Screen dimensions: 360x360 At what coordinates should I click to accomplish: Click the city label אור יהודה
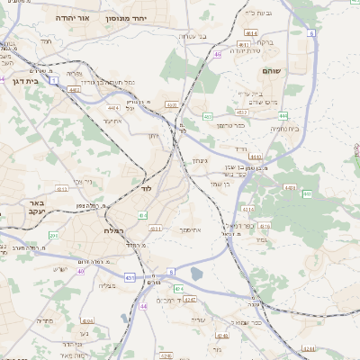click(71, 18)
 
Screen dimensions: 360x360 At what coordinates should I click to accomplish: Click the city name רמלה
click(102, 230)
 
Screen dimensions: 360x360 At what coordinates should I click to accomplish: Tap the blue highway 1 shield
click(54, 81)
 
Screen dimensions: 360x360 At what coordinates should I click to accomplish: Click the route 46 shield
click(217, 54)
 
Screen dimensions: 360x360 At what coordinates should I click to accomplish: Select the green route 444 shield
click(283, 115)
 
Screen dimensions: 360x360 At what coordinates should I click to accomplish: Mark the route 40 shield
click(80, 270)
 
